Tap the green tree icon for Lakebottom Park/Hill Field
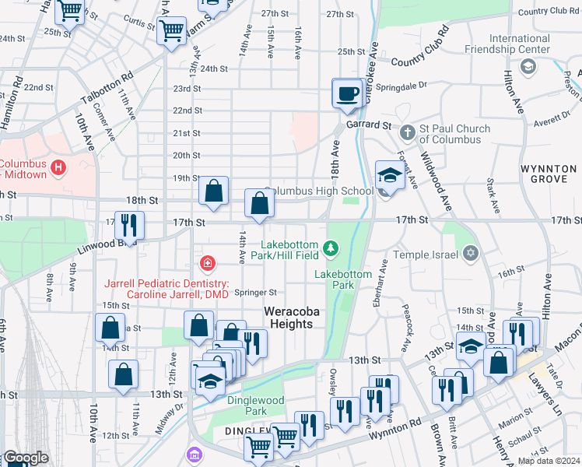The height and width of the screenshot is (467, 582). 332,248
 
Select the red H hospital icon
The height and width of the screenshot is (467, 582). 58,167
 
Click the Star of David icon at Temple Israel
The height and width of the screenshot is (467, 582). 469,254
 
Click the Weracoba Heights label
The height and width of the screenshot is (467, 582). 294,311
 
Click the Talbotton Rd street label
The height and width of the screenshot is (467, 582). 106,90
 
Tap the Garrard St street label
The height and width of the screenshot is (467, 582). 369,125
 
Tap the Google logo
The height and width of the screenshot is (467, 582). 25,458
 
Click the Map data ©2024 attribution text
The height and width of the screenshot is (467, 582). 548,461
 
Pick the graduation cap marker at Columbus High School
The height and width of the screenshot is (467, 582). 389,175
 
